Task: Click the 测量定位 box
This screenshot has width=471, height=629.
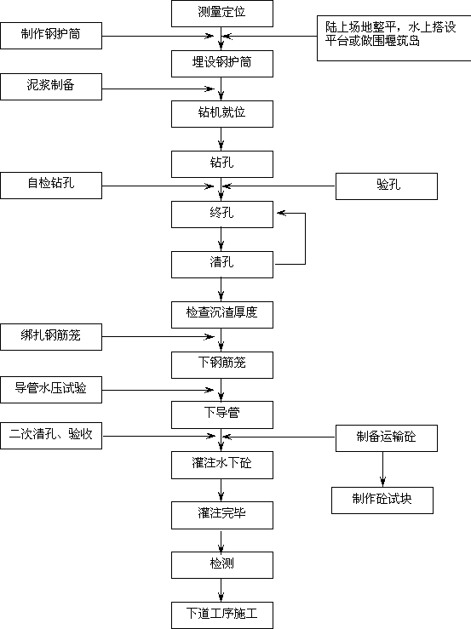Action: [222, 14]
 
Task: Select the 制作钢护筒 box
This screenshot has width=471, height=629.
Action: [51, 36]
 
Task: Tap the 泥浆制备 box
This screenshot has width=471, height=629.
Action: [51, 87]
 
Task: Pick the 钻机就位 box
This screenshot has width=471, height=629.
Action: [222, 114]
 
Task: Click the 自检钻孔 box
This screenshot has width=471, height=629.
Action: [51, 186]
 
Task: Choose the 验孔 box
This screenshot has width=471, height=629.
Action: [387, 186]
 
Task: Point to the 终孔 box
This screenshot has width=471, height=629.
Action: [222, 214]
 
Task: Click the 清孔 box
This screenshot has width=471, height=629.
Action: [222, 265]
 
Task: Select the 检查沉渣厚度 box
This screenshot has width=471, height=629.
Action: [222, 315]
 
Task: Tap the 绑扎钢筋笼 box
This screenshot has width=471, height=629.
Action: [51, 337]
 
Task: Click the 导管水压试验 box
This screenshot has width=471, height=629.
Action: [51, 390]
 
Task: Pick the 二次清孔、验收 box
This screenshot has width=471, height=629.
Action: [51, 436]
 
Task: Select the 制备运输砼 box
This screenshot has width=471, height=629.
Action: [387, 438]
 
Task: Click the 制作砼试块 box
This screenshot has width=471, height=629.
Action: [382, 500]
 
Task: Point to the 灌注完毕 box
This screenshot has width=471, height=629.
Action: [222, 516]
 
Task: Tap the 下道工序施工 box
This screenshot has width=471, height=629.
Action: [222, 615]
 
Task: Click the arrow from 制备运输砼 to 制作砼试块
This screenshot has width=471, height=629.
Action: [382, 469]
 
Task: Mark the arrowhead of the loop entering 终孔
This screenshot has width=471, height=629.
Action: [281, 213]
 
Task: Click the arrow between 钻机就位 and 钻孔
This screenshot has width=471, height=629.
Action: [221, 140]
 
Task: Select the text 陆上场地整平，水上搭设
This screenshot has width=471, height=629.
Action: [391, 27]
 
